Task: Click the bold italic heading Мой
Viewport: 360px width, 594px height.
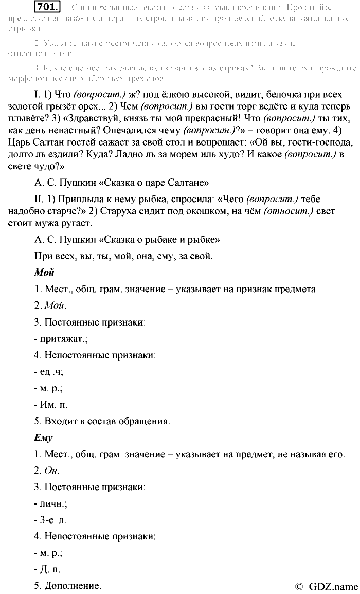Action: tap(44, 273)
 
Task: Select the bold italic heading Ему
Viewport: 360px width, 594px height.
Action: tap(43, 438)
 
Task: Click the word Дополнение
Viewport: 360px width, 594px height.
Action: tap(73, 586)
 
